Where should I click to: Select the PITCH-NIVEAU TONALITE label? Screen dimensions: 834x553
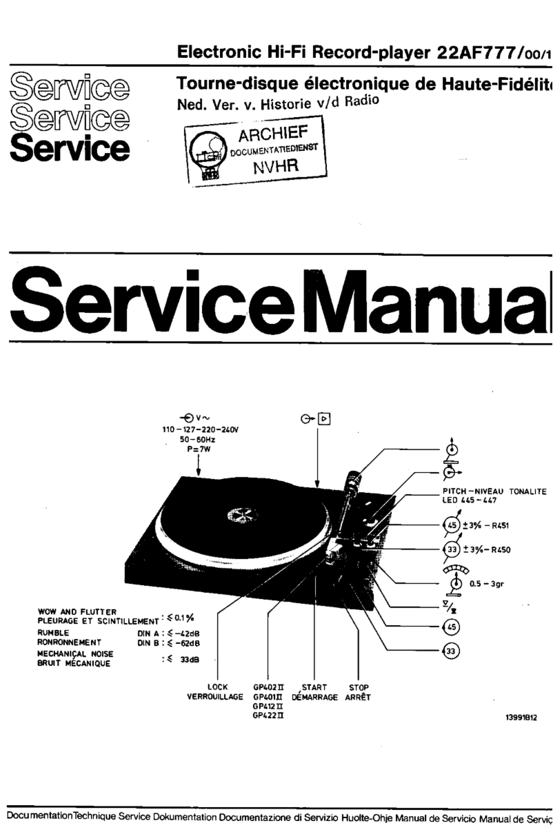tap(494, 491)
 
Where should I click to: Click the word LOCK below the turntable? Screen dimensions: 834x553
tap(218, 686)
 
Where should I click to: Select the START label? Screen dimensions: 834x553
tap(314, 686)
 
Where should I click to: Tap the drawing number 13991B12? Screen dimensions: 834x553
tap(521, 717)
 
